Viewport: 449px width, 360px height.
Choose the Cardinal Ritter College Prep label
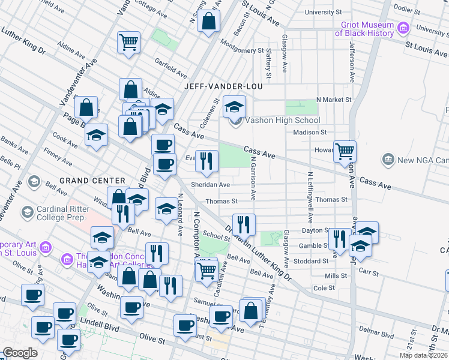coord(59,212)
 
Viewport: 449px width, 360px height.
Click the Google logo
coord(20,353)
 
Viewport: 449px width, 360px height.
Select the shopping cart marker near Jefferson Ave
coord(345,151)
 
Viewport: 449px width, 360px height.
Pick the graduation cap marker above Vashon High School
coord(234,107)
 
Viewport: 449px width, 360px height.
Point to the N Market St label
coord(333,98)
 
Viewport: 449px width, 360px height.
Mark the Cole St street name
coord(324,288)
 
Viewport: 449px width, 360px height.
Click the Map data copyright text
coord(424,355)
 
